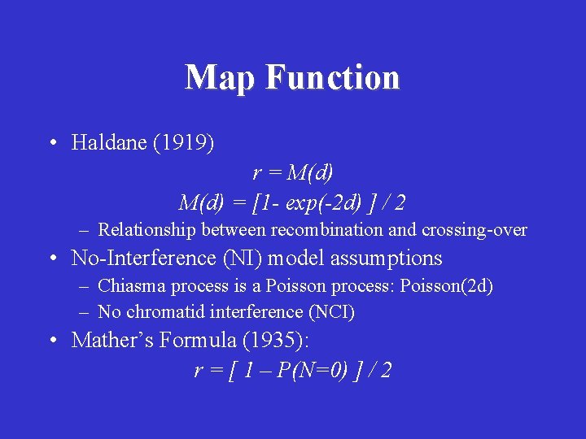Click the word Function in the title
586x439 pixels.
[332, 78]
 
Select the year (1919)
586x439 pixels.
[187, 144]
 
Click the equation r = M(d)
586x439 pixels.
[293, 173]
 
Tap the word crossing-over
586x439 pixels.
[474, 230]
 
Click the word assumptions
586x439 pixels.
[382, 259]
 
